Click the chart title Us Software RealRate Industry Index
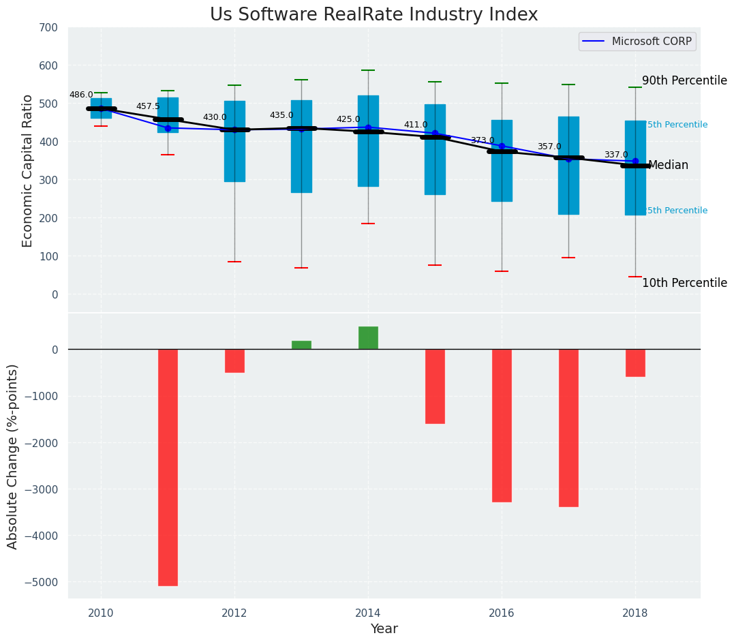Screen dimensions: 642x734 [373, 15]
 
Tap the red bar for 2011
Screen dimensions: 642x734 [168, 468]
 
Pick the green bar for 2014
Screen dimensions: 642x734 [368, 338]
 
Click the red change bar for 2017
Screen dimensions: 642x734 [568, 428]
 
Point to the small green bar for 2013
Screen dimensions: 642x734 [301, 345]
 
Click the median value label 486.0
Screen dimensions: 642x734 [81, 95]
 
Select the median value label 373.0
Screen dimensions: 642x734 [483, 141]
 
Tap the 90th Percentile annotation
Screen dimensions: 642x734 [684, 80]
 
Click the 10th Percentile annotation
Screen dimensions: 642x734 [684, 283]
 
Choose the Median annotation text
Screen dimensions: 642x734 [668, 166]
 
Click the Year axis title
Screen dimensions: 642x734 [384, 628]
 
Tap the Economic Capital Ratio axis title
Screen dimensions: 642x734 [28, 170]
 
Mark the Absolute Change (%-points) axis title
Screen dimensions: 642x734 [13, 456]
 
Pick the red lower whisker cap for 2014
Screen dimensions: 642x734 [368, 224]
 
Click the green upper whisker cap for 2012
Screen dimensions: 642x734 [234, 85]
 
